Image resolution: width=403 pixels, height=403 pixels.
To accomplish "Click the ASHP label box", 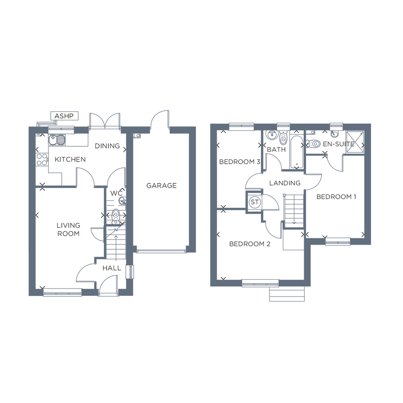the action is coord(64,116).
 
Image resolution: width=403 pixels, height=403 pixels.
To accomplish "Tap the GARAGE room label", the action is coord(161,186).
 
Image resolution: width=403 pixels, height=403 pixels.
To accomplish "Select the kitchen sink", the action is coord(57,140).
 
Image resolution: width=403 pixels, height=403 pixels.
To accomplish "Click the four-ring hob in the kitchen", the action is coord(42,159).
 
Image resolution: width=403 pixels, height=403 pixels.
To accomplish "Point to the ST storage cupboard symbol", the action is coord(255,202).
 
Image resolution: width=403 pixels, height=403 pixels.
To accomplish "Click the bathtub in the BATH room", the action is coord(297,152).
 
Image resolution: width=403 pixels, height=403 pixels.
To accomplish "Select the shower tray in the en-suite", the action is coord(355,142).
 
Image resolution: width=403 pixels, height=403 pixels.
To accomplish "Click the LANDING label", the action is coord(285,183).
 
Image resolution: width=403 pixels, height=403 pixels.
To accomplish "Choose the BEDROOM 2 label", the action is coord(249,244).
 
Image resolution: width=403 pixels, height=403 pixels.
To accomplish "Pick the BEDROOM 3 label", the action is coord(240,162).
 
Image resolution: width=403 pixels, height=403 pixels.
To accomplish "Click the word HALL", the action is coord(112,268).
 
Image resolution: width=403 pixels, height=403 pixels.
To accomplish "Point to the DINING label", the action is coord(107,146).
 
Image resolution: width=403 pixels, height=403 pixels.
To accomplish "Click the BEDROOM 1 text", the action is coord(336,197).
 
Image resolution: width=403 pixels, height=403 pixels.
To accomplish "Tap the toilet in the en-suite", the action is coord(313,143).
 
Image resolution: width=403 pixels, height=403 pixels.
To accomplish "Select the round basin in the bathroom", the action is coord(271,134).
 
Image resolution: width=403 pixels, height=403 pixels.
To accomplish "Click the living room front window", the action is coord(62,293).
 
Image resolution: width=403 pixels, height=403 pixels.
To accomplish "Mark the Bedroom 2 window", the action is coord(261,284).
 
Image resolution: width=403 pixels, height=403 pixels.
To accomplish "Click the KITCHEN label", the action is coord(70,159).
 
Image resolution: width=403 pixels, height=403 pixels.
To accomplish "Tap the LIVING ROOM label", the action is coord(68,229).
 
